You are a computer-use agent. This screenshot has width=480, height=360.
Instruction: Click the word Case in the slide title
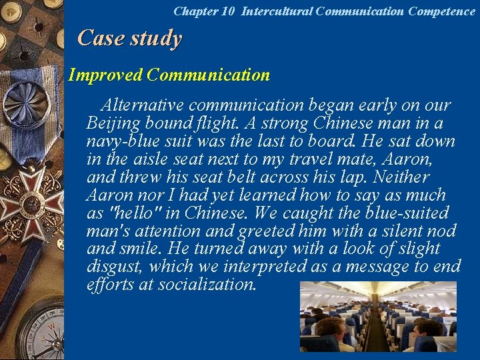tap(101, 38)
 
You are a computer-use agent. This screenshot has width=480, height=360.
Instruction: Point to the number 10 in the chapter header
tap(229, 11)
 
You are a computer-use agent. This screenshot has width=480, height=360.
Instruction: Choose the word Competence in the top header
tap(441, 11)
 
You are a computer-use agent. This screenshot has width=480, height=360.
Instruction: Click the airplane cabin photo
tap(378, 316)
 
